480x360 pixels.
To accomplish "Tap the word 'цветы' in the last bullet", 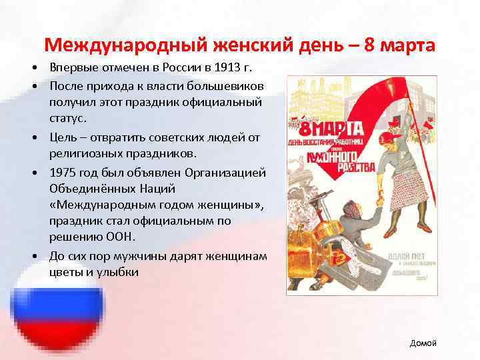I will (x=65, y=271).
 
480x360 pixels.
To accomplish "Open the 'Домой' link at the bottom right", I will (x=423, y=343).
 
